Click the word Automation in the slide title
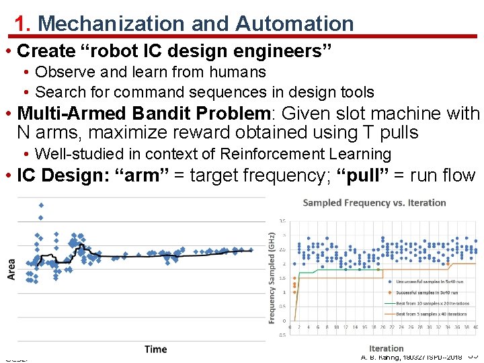click(294, 24)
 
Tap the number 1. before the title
click(24, 24)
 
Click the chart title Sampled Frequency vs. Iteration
click(374, 202)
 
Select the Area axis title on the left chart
click(11, 269)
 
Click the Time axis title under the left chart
click(155, 349)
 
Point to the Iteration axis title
click(386, 348)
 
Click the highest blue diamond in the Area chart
click(41, 204)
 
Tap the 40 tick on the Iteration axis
click(475, 327)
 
